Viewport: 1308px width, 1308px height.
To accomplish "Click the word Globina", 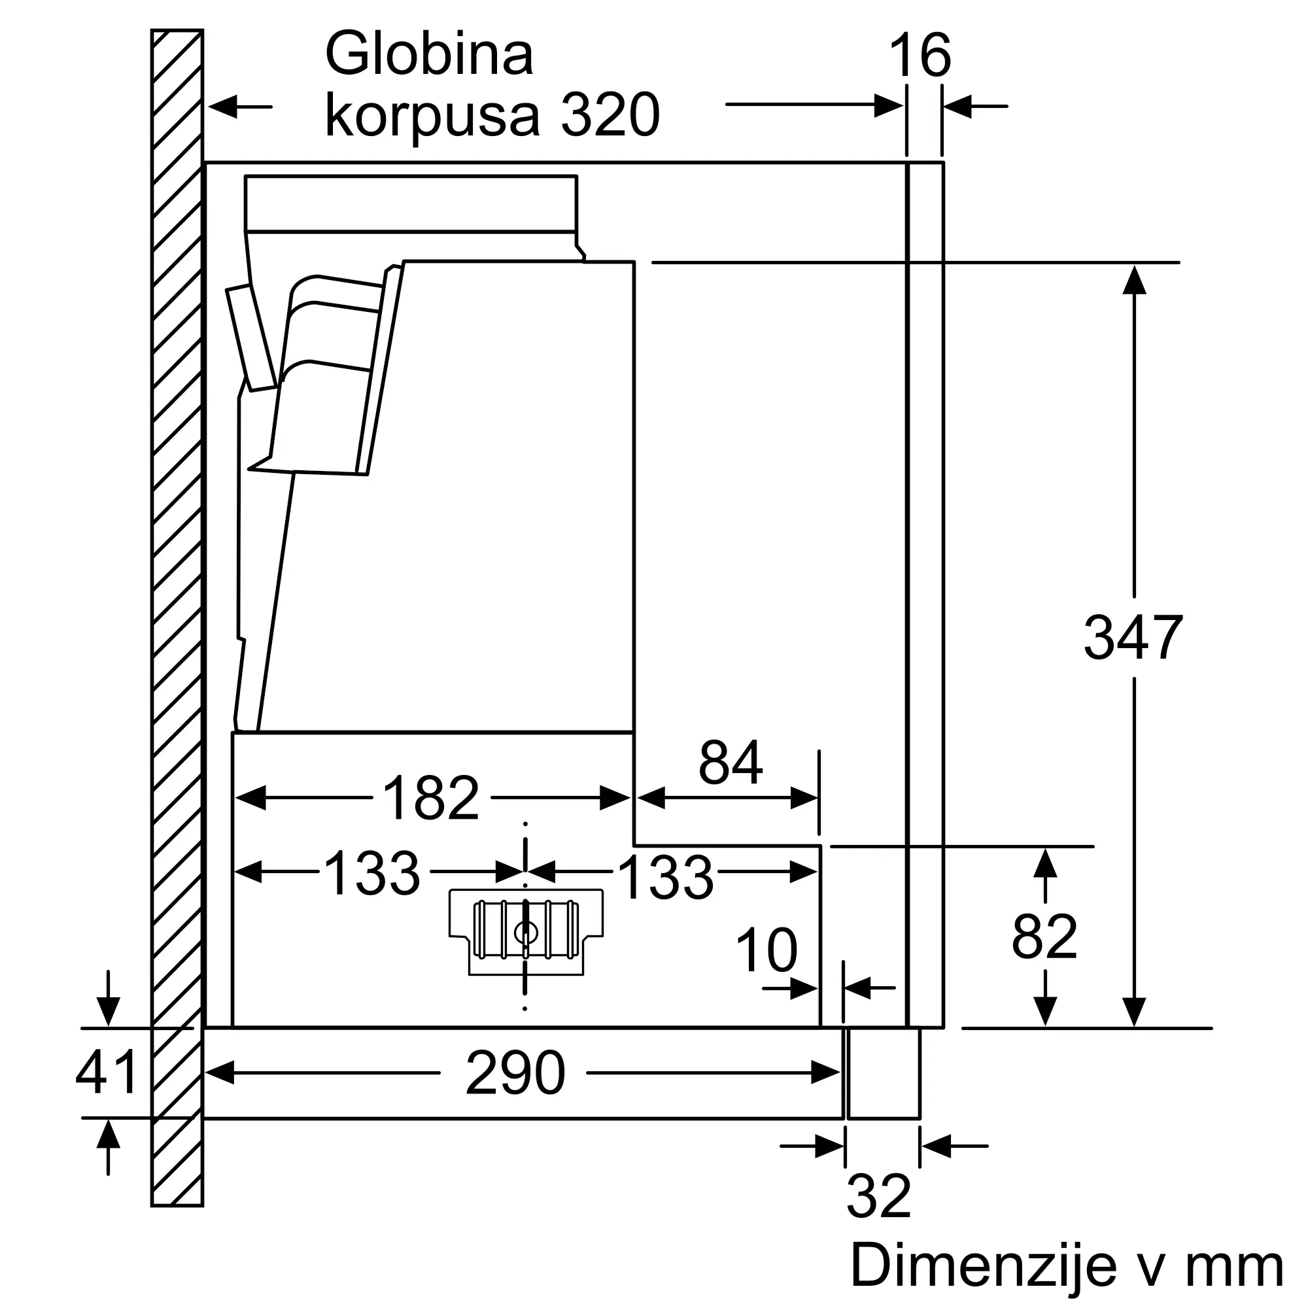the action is click(430, 54).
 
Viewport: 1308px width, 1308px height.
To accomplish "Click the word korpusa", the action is click(432, 116).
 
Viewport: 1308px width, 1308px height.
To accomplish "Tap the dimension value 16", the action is click(920, 56).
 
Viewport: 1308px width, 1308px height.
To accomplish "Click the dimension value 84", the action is click(731, 763).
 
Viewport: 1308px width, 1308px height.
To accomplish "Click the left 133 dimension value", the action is click(371, 873).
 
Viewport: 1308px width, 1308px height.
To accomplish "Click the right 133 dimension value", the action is click(666, 878).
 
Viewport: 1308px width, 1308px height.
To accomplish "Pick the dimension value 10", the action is click(766, 950).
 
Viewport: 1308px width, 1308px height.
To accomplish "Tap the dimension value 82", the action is click(1044, 937).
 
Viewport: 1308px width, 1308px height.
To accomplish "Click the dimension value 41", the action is click(107, 1073).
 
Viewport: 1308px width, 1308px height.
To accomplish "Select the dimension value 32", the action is click(879, 1197).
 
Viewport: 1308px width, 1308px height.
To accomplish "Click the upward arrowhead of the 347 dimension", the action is click(1134, 280).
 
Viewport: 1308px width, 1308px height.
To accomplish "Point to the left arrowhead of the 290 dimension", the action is click(219, 1073).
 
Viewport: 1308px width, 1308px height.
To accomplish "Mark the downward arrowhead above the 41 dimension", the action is click(109, 1012).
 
